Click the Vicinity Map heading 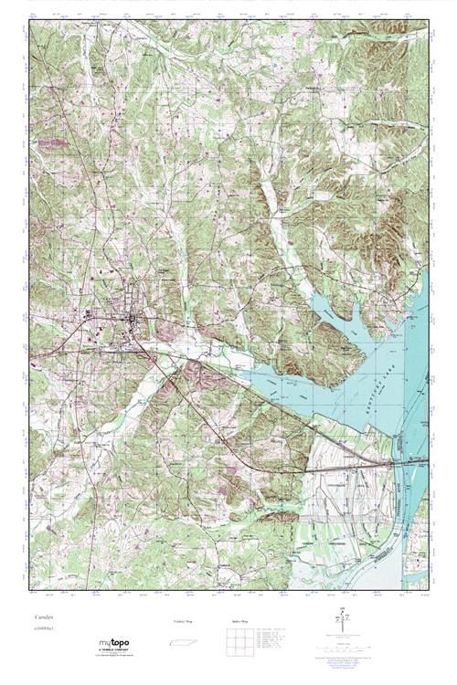click(x=183, y=621)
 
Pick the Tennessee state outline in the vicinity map click(x=184, y=643)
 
